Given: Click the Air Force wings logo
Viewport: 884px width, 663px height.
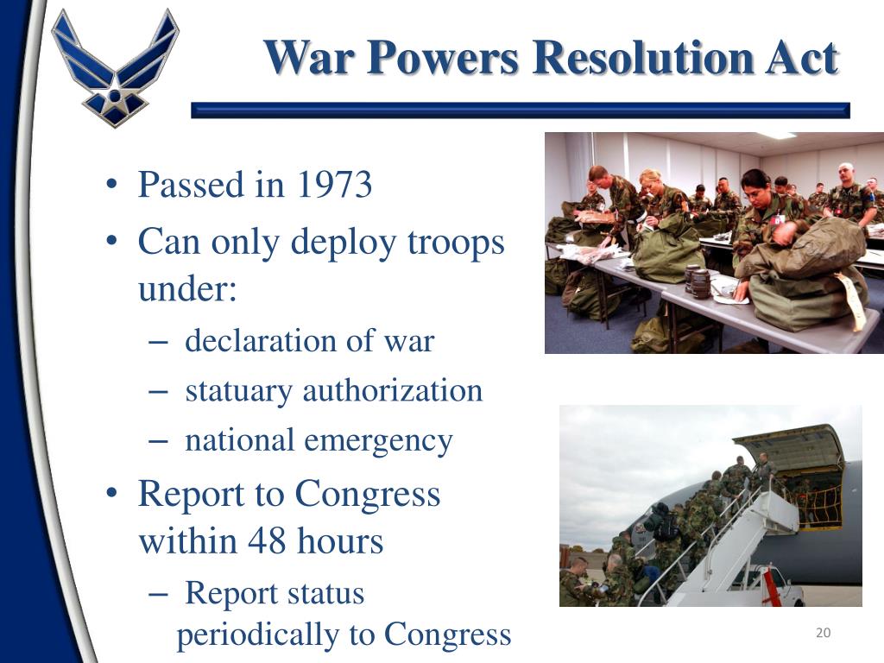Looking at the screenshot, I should click(115, 67).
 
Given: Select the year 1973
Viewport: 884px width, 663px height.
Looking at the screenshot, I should click(333, 185).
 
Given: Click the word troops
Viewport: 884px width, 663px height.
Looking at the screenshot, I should click(458, 243).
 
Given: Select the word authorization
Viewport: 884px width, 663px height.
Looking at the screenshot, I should click(393, 391).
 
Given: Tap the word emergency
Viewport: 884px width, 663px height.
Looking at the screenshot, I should click(379, 441).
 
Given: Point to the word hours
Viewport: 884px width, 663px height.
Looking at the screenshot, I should click(341, 542).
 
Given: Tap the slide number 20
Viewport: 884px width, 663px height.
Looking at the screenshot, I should click(823, 634).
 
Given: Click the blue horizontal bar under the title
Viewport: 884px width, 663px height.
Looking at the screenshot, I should click(520, 110).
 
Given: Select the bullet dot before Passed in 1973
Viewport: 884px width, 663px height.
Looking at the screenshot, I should click(112, 186).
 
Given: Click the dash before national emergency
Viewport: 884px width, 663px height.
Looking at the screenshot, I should click(158, 441).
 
